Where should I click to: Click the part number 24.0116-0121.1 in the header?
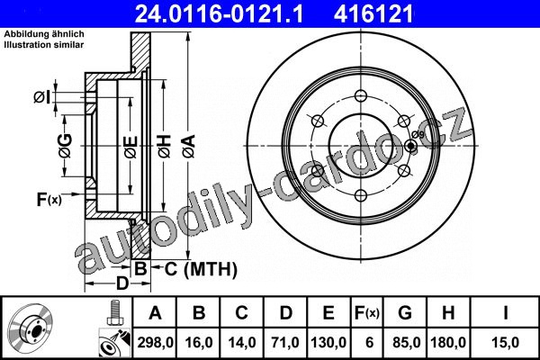tap(219, 13)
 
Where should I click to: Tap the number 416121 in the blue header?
tap(373, 13)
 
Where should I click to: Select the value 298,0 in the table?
tap(156, 342)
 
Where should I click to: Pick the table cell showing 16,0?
tap(199, 342)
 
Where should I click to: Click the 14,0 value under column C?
tap(242, 342)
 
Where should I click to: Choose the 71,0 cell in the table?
tap(285, 342)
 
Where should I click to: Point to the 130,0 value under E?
tap(328, 342)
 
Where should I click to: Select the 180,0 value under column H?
tap(448, 342)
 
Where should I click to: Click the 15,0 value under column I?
tap(505, 342)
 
